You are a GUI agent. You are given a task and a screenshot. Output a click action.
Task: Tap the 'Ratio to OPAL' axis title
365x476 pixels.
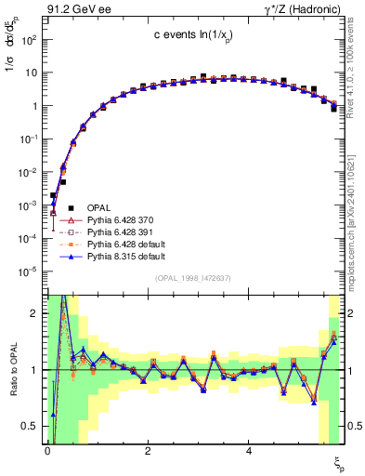12,372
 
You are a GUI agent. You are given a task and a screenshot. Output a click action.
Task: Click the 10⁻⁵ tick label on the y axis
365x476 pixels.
27,271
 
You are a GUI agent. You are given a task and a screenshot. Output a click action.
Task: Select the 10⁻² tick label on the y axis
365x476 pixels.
27,172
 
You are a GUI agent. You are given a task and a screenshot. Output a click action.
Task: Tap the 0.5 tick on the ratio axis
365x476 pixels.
30,426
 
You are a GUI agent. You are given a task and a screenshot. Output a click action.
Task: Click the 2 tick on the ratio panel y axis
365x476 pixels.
33,313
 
